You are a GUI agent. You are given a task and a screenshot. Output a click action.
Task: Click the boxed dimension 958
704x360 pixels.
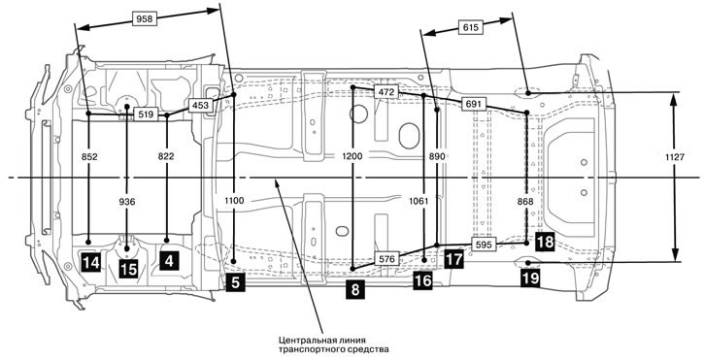click(x=145, y=18)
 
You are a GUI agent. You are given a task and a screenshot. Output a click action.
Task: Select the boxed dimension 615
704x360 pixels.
click(x=470, y=27)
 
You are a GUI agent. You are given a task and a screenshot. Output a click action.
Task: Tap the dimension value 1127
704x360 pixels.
click(x=675, y=156)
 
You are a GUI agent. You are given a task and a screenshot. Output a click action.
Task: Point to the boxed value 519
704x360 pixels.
click(x=146, y=115)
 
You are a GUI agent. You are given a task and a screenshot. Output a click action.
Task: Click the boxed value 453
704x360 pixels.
click(x=200, y=106)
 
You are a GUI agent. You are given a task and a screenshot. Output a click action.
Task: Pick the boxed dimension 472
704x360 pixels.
click(x=386, y=92)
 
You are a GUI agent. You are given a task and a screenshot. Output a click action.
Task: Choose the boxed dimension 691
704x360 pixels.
click(x=474, y=105)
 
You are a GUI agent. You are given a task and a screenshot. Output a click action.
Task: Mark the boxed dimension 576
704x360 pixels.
click(x=387, y=258)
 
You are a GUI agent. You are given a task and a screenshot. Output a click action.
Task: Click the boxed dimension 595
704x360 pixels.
click(x=484, y=245)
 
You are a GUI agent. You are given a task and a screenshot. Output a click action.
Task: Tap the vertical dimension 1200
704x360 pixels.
click(x=353, y=156)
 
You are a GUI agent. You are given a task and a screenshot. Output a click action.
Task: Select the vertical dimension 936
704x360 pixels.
click(x=127, y=202)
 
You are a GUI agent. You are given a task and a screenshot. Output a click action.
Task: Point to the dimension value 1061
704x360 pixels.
click(x=419, y=202)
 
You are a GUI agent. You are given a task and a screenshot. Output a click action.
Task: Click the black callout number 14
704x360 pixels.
click(x=90, y=263)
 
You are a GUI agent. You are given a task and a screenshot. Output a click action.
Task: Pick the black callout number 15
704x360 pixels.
click(x=128, y=270)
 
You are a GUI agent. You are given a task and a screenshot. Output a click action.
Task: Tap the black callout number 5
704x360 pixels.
click(x=235, y=282)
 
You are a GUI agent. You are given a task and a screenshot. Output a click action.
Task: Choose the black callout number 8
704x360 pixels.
click(x=355, y=289)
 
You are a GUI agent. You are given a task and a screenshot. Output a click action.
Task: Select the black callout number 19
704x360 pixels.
click(x=530, y=278)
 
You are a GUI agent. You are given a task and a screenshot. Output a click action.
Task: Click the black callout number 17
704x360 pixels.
click(x=453, y=260)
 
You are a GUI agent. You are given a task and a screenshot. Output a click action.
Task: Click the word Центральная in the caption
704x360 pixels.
click(x=303, y=340)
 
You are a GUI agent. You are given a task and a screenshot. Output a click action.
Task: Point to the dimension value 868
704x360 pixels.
click(x=525, y=202)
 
